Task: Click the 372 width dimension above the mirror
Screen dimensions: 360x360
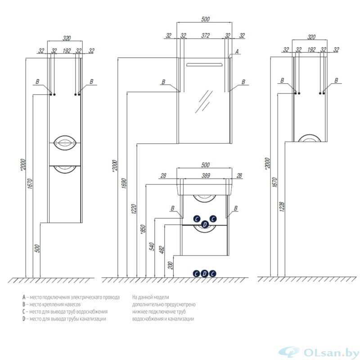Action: tap(206, 36)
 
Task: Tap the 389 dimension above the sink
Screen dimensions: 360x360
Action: tap(206, 175)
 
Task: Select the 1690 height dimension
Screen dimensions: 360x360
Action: tap(124, 183)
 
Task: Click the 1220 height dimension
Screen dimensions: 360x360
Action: tap(134, 209)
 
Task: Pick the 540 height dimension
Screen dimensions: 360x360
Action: tap(152, 246)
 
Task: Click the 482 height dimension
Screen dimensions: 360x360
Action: tap(162, 250)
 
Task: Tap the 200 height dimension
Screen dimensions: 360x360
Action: tap(171, 265)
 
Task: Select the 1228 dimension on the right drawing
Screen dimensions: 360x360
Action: tap(282, 207)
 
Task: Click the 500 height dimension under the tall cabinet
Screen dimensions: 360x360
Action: tap(37, 248)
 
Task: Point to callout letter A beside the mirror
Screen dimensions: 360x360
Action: tap(237, 51)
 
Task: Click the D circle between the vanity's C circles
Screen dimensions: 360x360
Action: tap(205, 224)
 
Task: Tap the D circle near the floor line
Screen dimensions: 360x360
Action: tap(204, 274)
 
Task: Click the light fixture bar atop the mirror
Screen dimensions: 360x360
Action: tap(205, 64)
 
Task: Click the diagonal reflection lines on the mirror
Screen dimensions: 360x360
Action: tap(204, 102)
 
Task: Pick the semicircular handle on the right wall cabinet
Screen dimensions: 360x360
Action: tap(310, 138)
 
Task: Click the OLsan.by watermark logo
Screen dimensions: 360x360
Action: tap(319, 352)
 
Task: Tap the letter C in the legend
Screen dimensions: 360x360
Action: tap(24, 311)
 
